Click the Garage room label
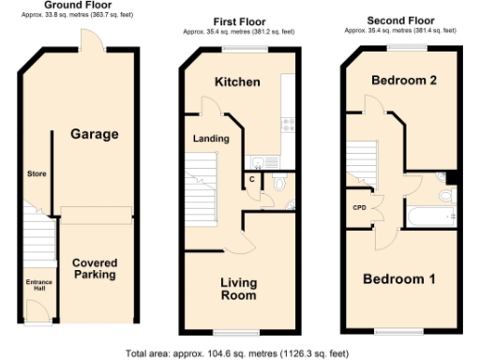(95, 134)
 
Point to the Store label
(37, 174)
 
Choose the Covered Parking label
(95, 268)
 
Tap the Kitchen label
(237, 82)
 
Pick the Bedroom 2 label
(404, 80)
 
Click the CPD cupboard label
(358, 208)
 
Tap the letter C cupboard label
(252, 178)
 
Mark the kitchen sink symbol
(269, 160)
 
